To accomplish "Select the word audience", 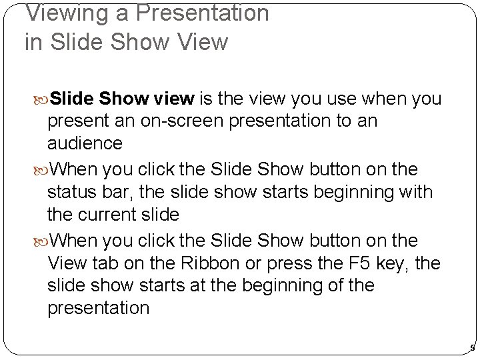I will (x=85, y=143).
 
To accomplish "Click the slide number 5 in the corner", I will (x=472, y=348).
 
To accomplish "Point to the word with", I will (x=417, y=193).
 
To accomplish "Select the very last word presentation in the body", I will (x=99, y=309).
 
